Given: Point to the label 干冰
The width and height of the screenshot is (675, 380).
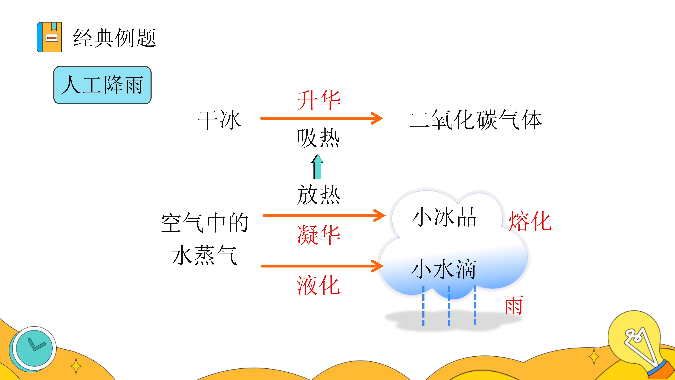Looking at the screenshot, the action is coord(219,120).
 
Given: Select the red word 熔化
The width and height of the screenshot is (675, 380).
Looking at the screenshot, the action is coord(530,221).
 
